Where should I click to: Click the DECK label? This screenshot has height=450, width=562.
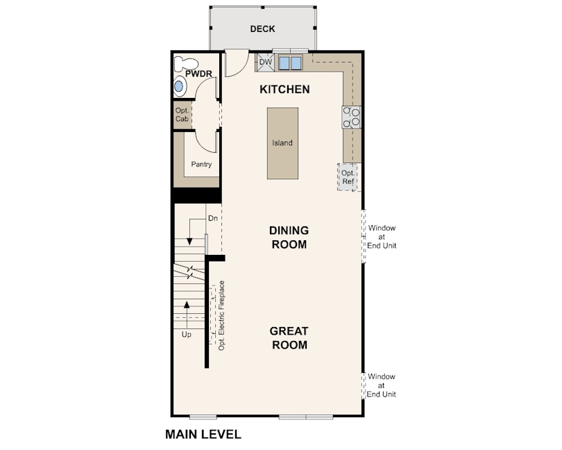[x=262, y=28]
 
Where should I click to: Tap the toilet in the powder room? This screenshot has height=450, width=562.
[x=186, y=64]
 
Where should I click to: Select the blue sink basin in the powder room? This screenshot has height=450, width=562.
[x=178, y=87]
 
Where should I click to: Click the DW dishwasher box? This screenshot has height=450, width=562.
[x=265, y=62]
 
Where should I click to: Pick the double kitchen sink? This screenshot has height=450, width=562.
[x=290, y=63]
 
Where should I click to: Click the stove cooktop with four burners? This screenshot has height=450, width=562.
[x=351, y=117]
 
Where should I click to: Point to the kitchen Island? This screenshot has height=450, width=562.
[x=282, y=143]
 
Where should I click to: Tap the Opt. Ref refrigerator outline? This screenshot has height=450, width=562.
[x=348, y=177]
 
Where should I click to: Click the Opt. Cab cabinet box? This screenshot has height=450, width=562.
[x=182, y=115]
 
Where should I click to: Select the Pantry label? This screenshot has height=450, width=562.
[x=201, y=165]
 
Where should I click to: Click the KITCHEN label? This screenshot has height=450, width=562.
[x=284, y=90]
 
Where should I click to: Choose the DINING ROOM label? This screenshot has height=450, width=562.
[x=289, y=237]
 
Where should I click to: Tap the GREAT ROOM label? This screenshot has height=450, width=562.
[x=289, y=337]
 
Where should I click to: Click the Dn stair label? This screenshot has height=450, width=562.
[x=213, y=218]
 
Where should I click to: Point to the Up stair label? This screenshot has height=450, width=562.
[x=186, y=335]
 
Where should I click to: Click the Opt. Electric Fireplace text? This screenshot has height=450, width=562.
[x=221, y=316]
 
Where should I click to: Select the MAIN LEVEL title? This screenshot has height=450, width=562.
[x=203, y=435]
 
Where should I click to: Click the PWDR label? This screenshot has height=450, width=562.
[x=198, y=74]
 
